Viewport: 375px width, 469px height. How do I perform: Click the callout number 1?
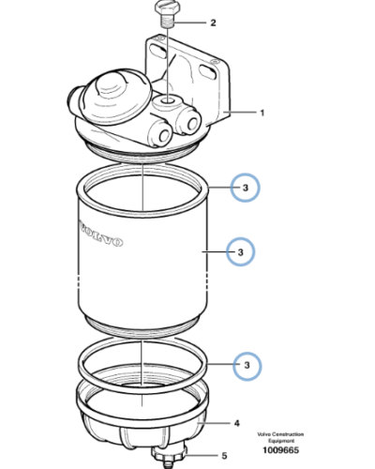coord(262,113)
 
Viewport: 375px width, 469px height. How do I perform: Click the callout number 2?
coord(213,23)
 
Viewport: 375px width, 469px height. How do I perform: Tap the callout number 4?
coord(237,423)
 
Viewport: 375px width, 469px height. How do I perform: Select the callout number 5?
coord(224,456)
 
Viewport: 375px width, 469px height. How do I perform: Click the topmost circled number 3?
coord(246,188)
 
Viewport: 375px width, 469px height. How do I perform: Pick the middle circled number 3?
coord(240,252)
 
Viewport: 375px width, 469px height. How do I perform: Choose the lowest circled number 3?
coord(247,366)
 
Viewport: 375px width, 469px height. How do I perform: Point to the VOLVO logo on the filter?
coord(100,234)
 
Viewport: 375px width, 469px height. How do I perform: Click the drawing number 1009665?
coord(280,450)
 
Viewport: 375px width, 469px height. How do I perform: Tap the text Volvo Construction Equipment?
coord(280,437)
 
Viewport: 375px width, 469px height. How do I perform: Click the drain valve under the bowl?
coord(169,457)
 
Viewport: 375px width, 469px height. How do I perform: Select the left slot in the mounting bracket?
coord(158,52)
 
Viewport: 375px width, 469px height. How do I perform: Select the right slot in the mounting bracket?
coord(207,72)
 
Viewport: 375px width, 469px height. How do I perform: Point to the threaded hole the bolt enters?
coord(168,101)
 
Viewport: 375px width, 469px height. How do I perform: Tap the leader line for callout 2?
coord(190,23)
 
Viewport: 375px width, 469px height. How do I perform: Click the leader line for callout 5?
coord(202,456)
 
